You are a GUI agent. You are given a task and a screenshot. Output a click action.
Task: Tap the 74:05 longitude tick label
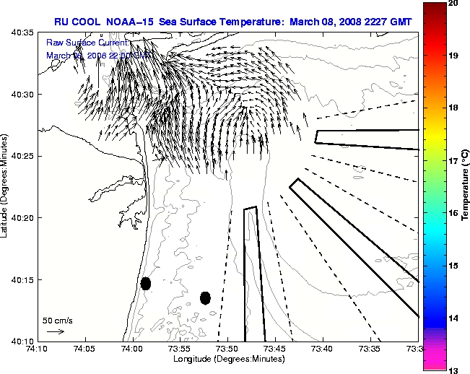click(85, 349)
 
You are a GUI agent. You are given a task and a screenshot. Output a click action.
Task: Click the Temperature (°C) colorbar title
click(466, 187)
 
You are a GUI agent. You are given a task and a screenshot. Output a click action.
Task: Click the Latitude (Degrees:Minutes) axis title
click(5, 186)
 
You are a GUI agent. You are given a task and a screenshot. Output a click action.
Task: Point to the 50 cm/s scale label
click(57, 320)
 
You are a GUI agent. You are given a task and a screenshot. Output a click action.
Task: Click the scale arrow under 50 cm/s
click(55, 331)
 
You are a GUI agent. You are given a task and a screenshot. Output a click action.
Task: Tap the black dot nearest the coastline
click(146, 283)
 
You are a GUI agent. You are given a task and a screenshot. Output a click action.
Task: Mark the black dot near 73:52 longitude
click(205, 297)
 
